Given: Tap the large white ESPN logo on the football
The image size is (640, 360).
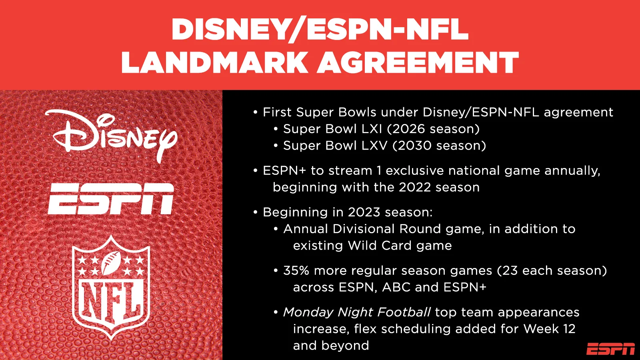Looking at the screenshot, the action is [111, 199].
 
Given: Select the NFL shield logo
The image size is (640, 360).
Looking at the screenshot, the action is [111, 288].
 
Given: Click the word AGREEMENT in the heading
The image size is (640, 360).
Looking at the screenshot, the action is [418, 62].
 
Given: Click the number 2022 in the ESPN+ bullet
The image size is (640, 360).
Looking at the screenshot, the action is [415, 188].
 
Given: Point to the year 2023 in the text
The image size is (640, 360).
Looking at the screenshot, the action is [364, 212].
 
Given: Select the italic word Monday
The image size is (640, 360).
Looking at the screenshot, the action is [308, 312].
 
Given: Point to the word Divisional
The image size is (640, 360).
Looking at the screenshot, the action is [364, 229].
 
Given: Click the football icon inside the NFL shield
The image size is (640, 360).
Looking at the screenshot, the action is [110, 263].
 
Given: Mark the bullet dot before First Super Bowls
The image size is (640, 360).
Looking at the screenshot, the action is [256, 112].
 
